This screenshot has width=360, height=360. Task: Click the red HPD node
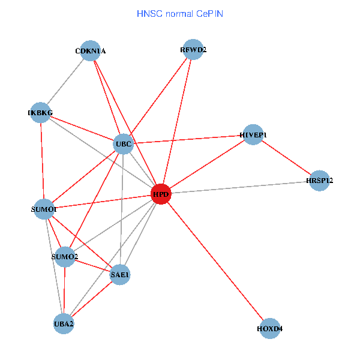160,194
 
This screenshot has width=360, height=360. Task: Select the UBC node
123,144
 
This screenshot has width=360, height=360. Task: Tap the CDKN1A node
91,51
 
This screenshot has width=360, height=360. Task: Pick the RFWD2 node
193,50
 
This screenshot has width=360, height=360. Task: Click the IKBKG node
40,113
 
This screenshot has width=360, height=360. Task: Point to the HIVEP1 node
253,135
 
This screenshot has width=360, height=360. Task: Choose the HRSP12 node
320,181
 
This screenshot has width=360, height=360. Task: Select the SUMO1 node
44,209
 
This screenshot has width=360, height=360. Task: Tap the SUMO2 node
65,257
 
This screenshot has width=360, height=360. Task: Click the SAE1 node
120,275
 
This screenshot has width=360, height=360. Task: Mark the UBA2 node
64,324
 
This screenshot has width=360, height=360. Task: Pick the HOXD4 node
270,329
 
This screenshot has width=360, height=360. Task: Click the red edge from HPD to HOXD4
215,262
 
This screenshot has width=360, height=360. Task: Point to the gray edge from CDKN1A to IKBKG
66,82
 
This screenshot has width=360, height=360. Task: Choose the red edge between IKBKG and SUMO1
42,161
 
